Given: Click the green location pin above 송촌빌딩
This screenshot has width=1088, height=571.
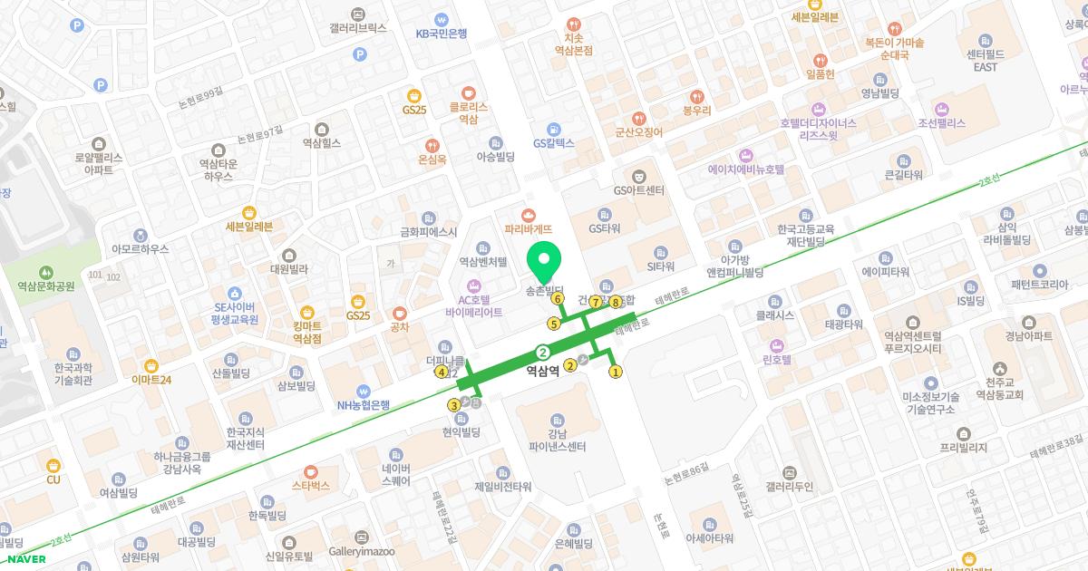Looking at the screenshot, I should [x=544, y=262].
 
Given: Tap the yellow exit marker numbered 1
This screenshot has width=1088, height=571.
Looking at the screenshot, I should [x=615, y=371].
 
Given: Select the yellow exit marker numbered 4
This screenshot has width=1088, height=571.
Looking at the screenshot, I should [x=442, y=372].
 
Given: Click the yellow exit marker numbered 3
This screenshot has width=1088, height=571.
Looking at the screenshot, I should [x=453, y=405].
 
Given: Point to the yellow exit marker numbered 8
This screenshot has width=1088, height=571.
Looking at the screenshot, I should [x=615, y=302].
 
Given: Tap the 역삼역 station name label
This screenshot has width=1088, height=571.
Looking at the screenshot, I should [x=543, y=370].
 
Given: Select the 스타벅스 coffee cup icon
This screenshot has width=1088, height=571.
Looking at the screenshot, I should [x=310, y=471].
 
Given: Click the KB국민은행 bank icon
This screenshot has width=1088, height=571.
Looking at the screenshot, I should [x=441, y=18].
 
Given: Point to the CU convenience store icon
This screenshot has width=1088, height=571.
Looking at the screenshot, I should [x=53, y=465].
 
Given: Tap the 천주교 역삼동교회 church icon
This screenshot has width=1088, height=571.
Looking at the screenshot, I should [x=999, y=369].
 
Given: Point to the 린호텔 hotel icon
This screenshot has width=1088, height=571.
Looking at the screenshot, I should [x=776, y=344].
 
